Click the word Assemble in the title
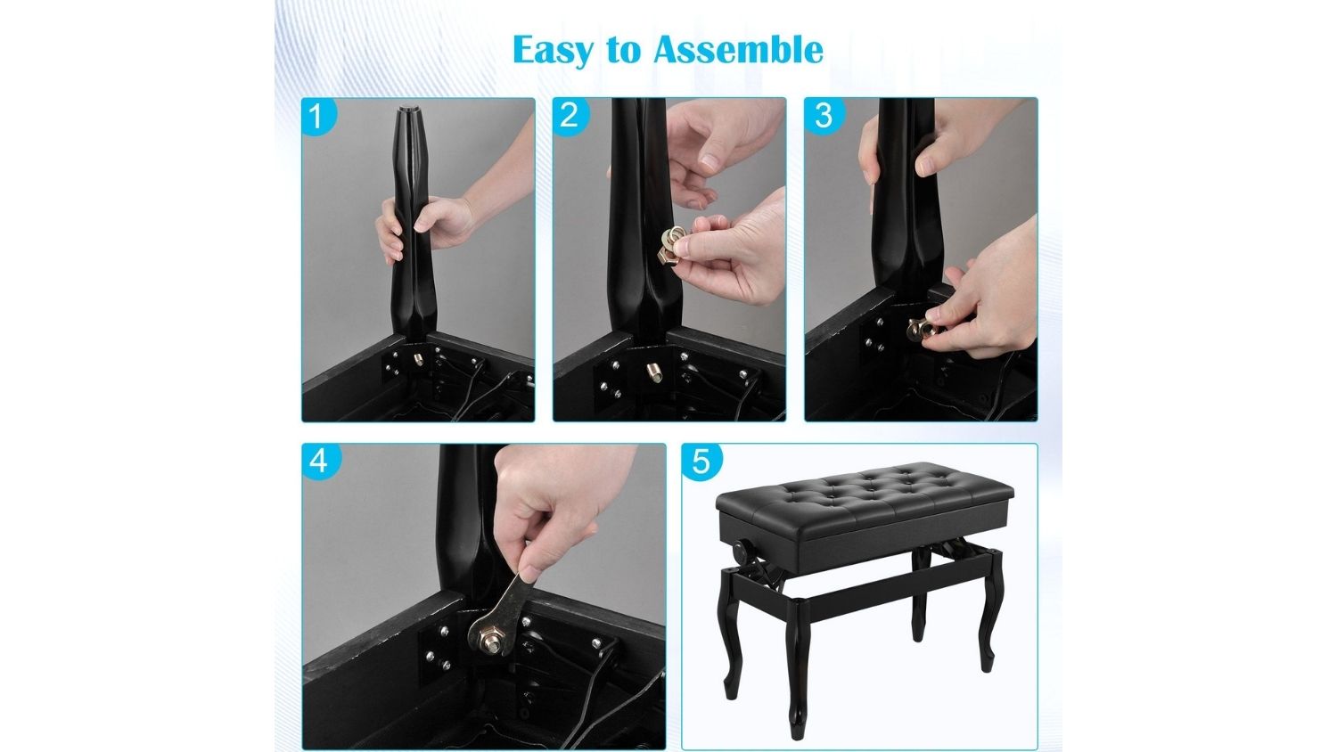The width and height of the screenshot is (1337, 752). coord(738,50)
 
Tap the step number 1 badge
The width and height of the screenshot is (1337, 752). coord(317,116)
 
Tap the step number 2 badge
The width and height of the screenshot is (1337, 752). coord(570,116)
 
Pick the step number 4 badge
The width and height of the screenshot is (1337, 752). coord(319,461)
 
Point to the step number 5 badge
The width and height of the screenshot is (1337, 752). coord(701,461)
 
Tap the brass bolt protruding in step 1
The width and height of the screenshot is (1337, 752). coord(418,360)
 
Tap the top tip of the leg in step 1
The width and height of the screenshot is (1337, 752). coord(409,108)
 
